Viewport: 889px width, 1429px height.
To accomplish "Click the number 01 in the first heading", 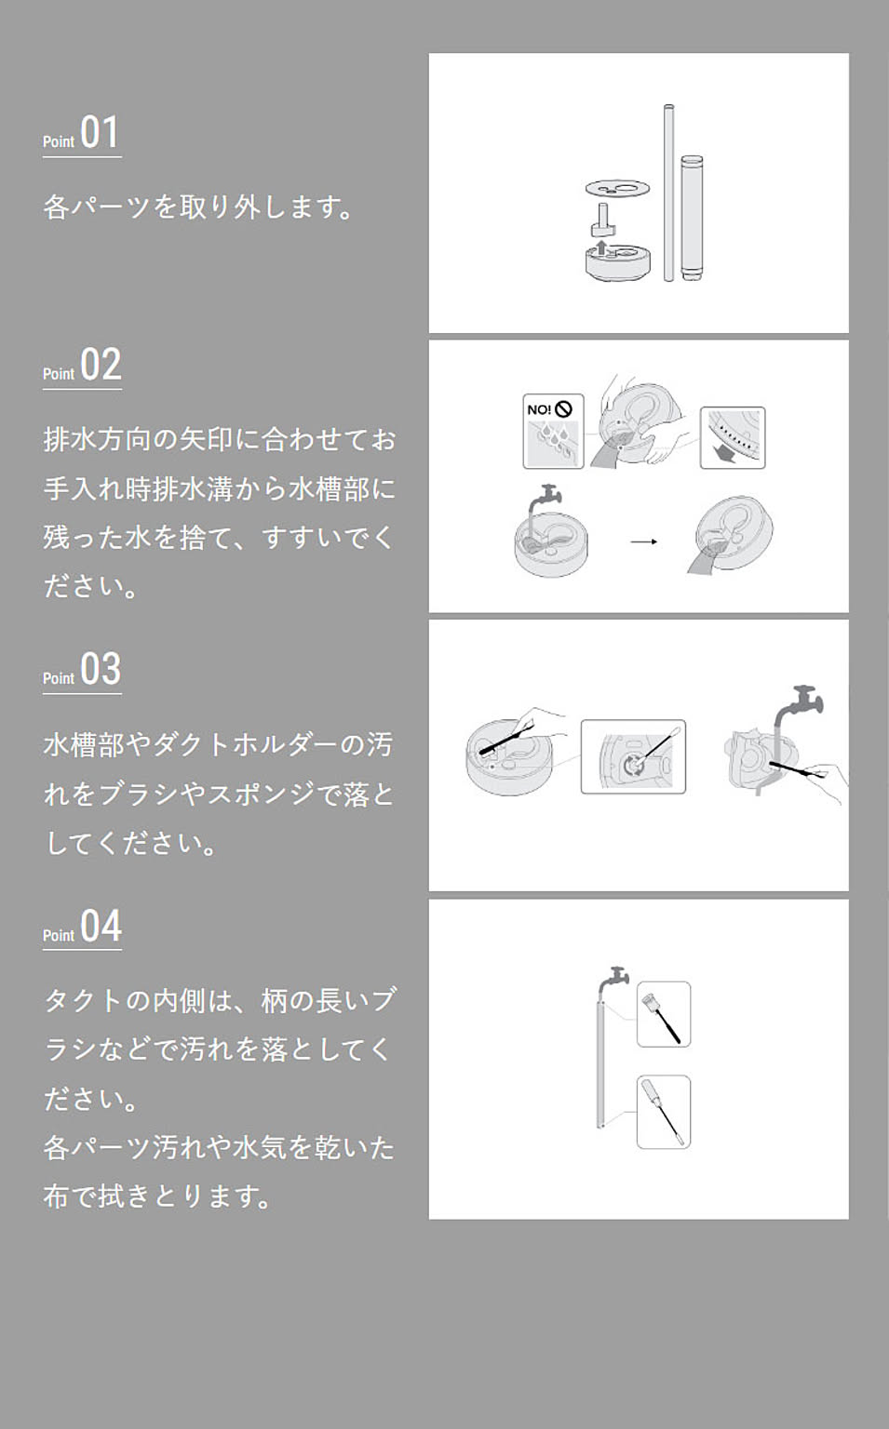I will coord(100,132).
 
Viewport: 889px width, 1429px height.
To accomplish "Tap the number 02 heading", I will coord(101,365).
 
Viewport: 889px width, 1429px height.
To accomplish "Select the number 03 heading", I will coord(101,669).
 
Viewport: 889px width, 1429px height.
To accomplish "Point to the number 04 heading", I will coord(101,926).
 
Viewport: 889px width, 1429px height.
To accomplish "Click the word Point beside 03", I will coord(58,678).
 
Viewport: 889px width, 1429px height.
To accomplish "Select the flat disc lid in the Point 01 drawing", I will coord(617,189).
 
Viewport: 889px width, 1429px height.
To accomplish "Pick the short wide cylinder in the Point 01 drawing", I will coord(691,217).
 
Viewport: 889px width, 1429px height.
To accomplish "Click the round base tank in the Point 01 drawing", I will coord(616,263).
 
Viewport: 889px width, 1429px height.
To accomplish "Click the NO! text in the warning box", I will coord(538,409).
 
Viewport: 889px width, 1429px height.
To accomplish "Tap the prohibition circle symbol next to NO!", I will coord(563,408).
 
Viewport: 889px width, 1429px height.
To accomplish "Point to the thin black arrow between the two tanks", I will coord(643,541).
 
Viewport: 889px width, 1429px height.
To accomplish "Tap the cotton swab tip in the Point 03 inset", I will coord(673,731).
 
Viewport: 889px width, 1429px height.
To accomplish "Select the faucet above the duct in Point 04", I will coord(615,977).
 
